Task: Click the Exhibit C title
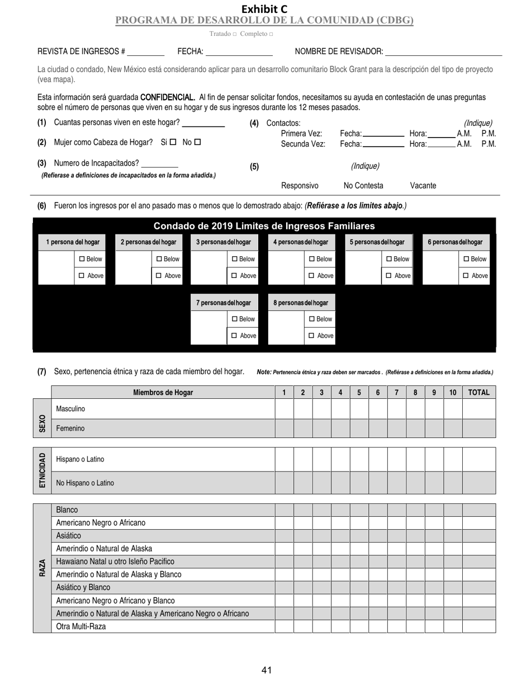pyautogui.click(x=264, y=9)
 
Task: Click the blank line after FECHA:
pyautogui.click(x=239, y=52)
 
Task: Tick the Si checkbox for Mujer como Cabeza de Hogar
pyautogui.click(x=173, y=142)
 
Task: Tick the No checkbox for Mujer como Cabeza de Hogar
pyautogui.click(x=197, y=142)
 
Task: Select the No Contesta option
pyautogui.click(x=363, y=186)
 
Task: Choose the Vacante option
pyautogui.click(x=423, y=186)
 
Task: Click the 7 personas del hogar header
pyautogui.click(x=224, y=303)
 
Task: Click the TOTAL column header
pyautogui.click(x=478, y=392)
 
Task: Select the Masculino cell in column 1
pyautogui.click(x=284, y=409)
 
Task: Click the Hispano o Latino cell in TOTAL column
pyautogui.click(x=478, y=459)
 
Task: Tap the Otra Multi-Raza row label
pyautogui.click(x=81, y=626)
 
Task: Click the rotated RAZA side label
pyautogui.click(x=42, y=568)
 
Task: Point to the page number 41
pyautogui.click(x=266, y=670)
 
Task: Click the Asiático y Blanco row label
pyautogui.click(x=83, y=587)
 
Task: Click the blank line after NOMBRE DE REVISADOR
pyautogui.click(x=444, y=52)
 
